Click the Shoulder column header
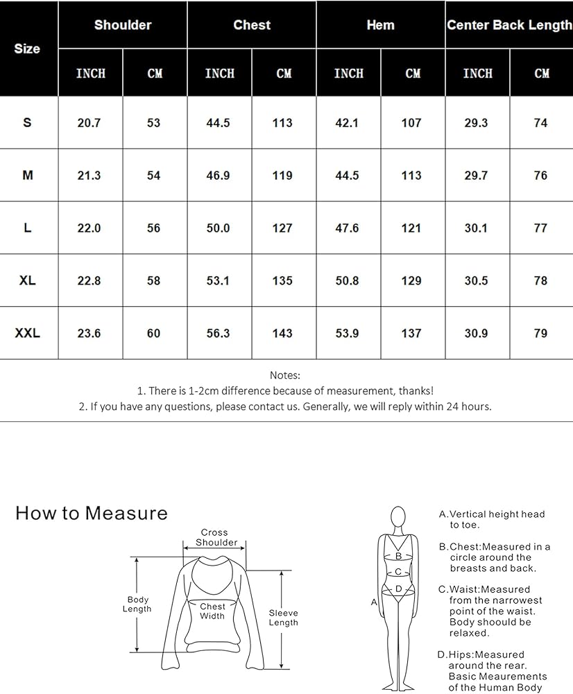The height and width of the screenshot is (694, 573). point(123,25)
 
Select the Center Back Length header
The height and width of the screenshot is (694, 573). point(509,25)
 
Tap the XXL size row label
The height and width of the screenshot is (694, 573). point(28,333)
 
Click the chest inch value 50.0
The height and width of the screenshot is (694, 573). point(218,228)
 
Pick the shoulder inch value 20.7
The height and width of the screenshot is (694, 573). point(89,123)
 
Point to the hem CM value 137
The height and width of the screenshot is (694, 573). point(411,333)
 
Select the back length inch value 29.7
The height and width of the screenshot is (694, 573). point(476,176)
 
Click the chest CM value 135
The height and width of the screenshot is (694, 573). point(282,280)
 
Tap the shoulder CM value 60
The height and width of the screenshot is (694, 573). point(153,333)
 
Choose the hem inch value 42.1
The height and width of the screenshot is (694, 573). point(347,123)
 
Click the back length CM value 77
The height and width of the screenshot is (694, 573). point(540,228)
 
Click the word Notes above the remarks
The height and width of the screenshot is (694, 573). point(285,375)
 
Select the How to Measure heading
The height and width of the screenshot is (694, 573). point(92,513)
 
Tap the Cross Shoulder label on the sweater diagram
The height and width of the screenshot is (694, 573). point(216,537)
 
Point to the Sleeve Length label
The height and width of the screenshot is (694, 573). point(283,618)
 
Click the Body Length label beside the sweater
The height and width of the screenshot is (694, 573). point(137,604)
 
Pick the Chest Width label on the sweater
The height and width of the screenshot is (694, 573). point(212,611)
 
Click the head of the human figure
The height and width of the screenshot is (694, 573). point(398,516)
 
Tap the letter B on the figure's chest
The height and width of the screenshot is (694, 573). point(398,556)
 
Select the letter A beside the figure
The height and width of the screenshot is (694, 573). point(374,602)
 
